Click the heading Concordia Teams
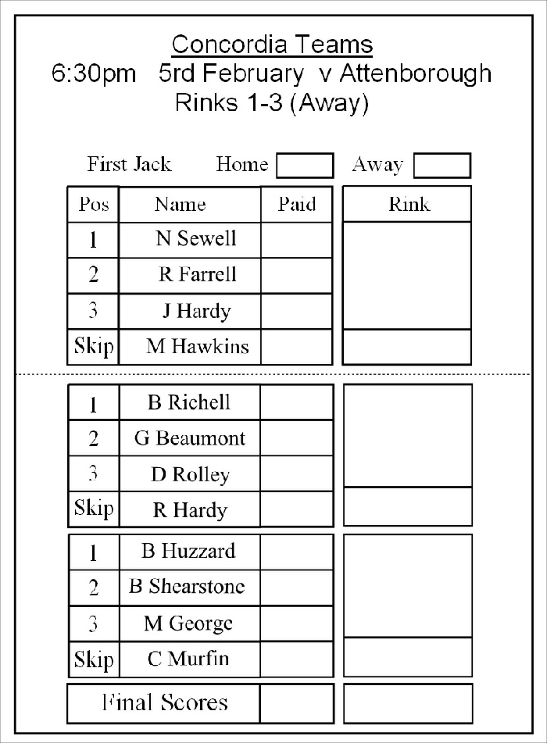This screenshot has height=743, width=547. (272, 44)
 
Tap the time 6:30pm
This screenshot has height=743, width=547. (93, 74)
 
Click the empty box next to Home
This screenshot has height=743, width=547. (305, 166)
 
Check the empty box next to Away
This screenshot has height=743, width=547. (442, 166)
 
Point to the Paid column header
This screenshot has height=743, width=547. (297, 205)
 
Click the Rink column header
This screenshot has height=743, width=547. (409, 205)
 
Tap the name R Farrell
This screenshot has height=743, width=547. (197, 275)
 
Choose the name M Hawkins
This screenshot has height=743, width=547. (192, 346)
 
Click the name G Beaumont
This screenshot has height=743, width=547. (190, 438)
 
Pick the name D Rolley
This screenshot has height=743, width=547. (190, 475)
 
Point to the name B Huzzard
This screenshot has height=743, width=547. (188, 552)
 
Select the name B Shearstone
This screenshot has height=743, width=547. (187, 587)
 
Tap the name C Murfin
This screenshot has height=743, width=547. (188, 659)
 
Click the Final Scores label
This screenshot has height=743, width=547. (165, 703)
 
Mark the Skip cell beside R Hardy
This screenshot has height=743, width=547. (94, 509)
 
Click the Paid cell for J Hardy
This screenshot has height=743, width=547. (296, 311)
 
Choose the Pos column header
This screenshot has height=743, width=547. (94, 205)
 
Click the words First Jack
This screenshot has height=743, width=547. (129, 165)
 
